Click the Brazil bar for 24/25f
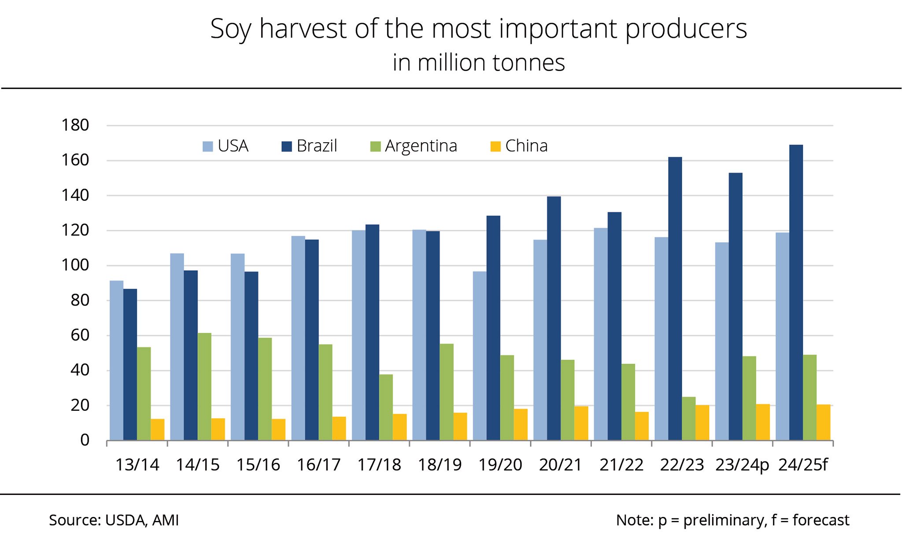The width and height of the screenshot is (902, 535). [796, 292]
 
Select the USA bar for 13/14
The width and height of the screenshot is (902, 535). [116, 360]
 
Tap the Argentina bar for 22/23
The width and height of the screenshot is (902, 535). [689, 418]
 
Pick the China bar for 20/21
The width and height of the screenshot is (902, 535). [581, 423]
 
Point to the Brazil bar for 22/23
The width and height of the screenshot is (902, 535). [675, 299]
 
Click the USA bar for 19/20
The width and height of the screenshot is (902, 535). [480, 356]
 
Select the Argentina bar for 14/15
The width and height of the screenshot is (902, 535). [204, 387]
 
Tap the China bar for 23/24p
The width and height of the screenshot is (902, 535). [763, 422]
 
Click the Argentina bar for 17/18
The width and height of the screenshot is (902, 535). [386, 407]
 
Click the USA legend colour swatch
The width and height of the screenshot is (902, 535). [207, 146]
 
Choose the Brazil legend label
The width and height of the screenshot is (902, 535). [317, 146]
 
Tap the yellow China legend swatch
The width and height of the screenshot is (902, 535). [495, 146]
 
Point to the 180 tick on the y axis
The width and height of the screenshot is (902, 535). [75, 125]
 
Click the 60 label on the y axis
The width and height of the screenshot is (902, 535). [79, 336]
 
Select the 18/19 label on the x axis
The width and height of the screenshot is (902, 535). [440, 465]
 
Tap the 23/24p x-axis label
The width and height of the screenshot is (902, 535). [742, 465]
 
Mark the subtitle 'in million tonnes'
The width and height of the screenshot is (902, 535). [479, 63]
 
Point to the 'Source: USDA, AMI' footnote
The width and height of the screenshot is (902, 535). [114, 520]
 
